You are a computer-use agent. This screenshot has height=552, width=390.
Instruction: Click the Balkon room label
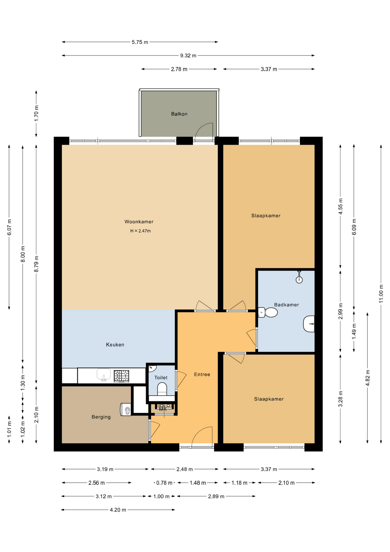(x=179, y=114)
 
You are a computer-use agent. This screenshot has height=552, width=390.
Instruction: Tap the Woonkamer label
(x=139, y=222)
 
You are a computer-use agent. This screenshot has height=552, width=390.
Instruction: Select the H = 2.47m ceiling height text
(x=140, y=231)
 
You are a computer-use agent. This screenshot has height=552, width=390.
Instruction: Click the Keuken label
(x=115, y=345)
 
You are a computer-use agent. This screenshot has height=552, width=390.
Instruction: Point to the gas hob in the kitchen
(x=121, y=376)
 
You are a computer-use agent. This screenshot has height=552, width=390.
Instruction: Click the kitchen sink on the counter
(x=104, y=375)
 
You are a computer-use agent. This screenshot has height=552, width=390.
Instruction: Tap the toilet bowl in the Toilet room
(x=162, y=389)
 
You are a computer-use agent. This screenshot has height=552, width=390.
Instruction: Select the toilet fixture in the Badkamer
(x=268, y=313)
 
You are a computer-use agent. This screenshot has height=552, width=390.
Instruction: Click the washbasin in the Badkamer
(x=309, y=324)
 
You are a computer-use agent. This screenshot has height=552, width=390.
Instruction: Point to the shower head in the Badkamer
(x=299, y=277)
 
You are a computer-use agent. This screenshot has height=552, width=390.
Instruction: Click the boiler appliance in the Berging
(x=126, y=409)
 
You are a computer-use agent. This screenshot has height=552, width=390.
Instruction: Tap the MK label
(x=163, y=409)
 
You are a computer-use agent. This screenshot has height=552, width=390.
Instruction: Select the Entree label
(x=202, y=374)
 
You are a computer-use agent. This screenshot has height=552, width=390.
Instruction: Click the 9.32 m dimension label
(x=188, y=55)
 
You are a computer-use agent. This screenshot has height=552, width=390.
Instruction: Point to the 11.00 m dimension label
(x=381, y=294)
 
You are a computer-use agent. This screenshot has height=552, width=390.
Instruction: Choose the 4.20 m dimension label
(x=118, y=510)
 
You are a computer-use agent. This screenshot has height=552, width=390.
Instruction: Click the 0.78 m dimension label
(x=164, y=483)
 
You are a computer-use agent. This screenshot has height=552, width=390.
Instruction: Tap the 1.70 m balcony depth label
(x=36, y=114)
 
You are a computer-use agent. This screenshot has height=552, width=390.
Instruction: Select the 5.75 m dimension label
(x=140, y=42)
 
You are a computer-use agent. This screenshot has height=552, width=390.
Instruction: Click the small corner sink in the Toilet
(x=152, y=368)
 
